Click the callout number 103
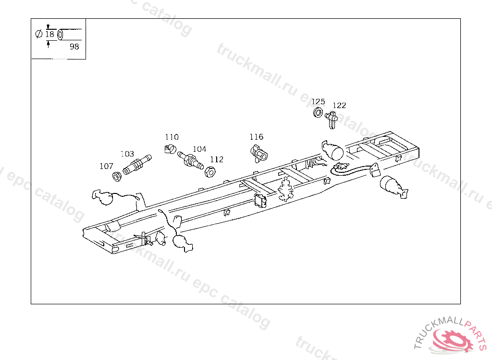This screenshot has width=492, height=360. coord(127,154)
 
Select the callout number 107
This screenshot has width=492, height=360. coord(106,166)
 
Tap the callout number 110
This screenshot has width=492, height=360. coord(172,137)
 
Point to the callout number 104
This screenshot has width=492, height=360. coord(199,149)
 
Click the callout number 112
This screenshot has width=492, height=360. coord(217,159)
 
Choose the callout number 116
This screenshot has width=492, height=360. coord(256,137)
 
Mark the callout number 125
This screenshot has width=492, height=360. coord(318,102)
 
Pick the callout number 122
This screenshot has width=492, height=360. coord(339,106)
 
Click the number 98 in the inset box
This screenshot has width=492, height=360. coord(74,47)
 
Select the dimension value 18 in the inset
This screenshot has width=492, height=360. coord(49,34)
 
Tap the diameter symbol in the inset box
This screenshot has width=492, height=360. coord(38,34)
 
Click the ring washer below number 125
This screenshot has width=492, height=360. coord(318,113)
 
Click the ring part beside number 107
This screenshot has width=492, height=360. coord(116,176)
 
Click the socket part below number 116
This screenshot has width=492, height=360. coord(259,153)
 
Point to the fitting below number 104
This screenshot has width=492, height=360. coord(190,159)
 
